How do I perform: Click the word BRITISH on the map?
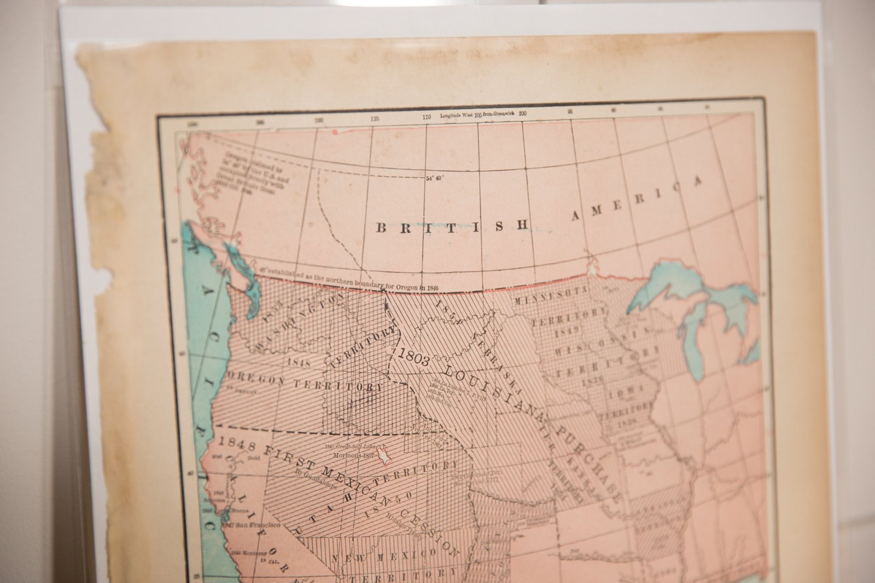[x=452, y=227]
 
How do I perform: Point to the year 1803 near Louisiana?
[x=414, y=355]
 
